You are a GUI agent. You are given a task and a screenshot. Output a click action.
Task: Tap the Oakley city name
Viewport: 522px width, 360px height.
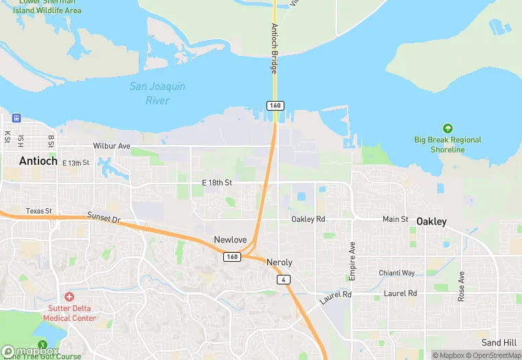[431, 222]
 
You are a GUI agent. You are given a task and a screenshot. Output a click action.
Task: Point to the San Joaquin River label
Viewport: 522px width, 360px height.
[157, 94]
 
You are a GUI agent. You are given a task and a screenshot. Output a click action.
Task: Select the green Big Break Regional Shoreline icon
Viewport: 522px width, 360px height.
[448, 128]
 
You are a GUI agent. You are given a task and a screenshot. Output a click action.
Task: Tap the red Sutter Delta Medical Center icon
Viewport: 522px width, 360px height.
[69, 297]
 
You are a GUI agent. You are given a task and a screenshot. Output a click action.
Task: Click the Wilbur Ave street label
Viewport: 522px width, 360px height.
[111, 146]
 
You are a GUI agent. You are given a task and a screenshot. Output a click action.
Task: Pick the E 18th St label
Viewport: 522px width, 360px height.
[217, 183]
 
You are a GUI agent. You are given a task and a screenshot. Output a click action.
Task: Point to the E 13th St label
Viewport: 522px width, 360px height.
[76, 163]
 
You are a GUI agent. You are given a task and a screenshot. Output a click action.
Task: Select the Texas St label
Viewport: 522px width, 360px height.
[39, 211]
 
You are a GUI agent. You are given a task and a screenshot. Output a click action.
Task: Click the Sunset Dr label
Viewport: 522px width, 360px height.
[104, 218]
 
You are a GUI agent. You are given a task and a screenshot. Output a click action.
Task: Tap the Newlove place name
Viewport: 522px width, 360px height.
[230, 240]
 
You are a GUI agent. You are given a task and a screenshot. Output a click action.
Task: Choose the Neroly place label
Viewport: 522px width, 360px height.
[279, 262]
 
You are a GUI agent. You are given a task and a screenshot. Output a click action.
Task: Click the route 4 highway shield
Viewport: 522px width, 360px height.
[283, 280]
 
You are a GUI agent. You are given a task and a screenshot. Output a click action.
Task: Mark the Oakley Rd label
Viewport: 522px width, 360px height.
[308, 219]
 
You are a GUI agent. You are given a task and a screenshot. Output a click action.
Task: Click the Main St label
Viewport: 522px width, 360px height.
[395, 219]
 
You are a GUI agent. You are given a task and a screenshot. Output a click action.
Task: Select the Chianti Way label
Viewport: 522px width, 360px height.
[397, 273]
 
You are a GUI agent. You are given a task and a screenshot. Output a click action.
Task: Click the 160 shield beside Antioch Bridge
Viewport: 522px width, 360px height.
[275, 105]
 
